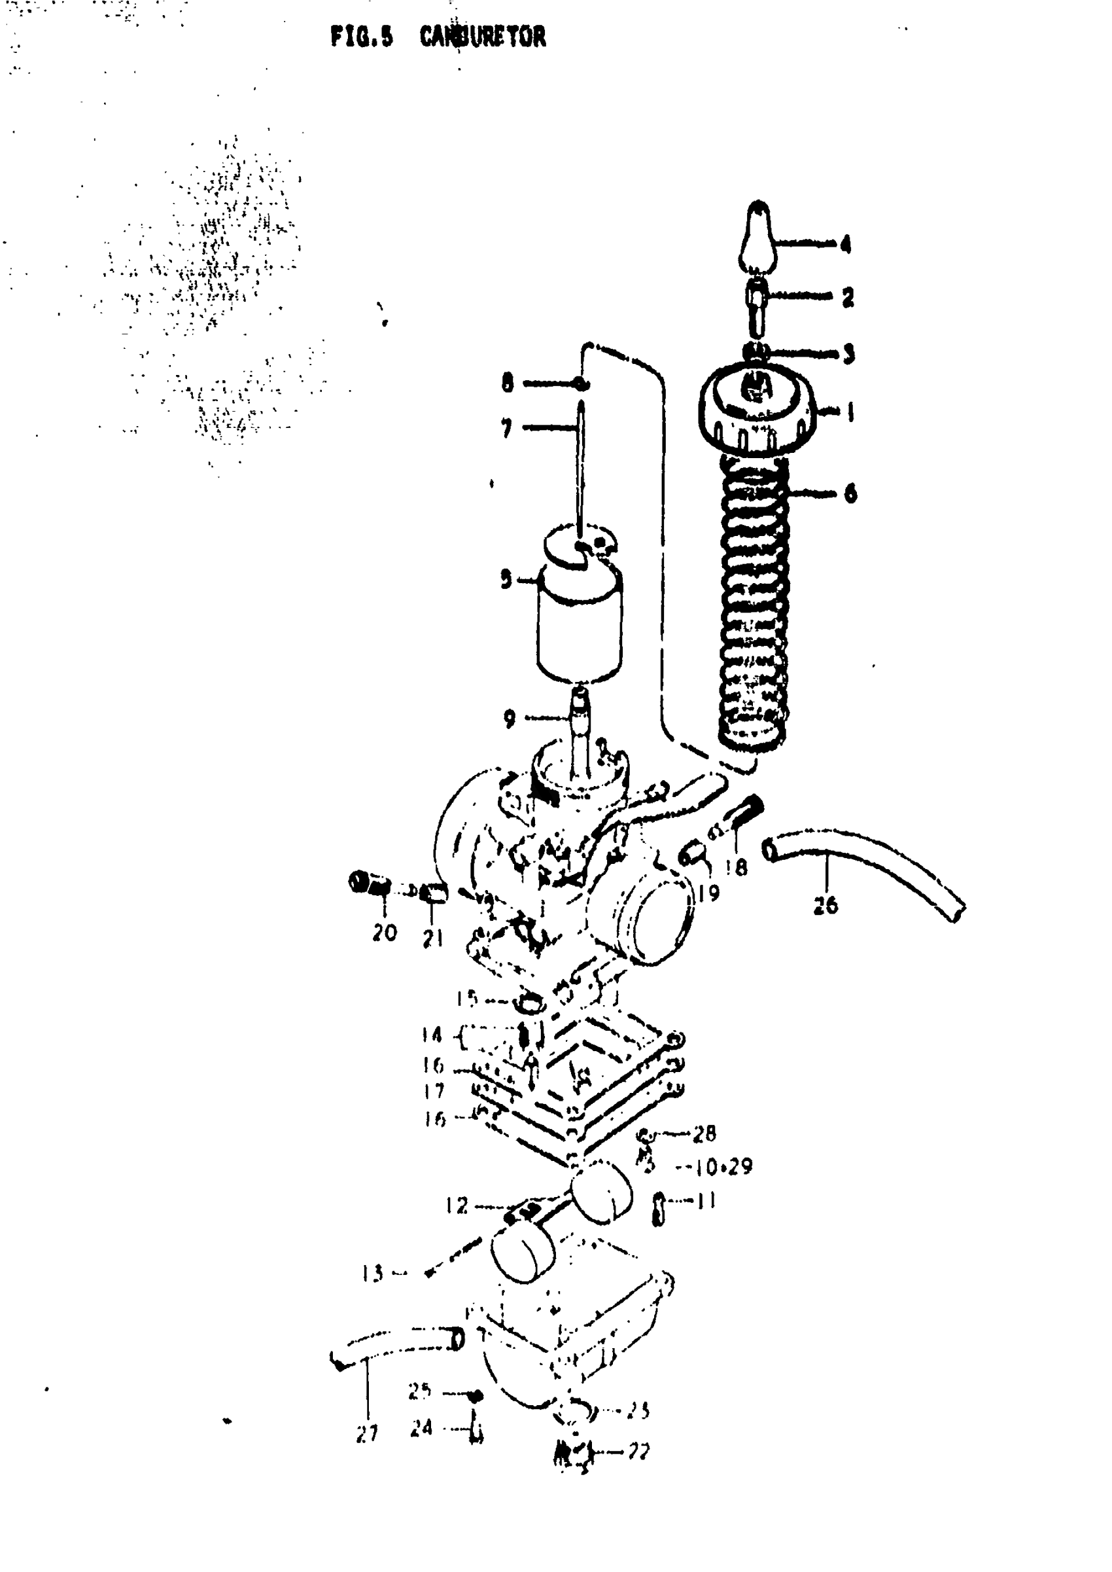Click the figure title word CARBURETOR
pyautogui.click(x=483, y=36)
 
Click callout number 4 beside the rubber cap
pyautogui.click(x=846, y=245)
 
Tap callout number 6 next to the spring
pyautogui.click(x=850, y=493)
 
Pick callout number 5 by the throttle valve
pyautogui.click(x=506, y=580)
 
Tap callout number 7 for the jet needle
pyautogui.click(x=507, y=429)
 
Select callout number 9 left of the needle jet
pyautogui.click(x=509, y=719)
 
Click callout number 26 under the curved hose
pyautogui.click(x=825, y=906)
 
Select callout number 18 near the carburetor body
pyautogui.click(x=737, y=867)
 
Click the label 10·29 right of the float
pyautogui.click(x=723, y=1166)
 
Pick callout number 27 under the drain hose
pyautogui.click(x=368, y=1433)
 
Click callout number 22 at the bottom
pyautogui.click(x=638, y=1451)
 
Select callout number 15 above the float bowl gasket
pyautogui.click(x=466, y=999)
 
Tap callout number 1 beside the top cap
pyautogui.click(x=850, y=412)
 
